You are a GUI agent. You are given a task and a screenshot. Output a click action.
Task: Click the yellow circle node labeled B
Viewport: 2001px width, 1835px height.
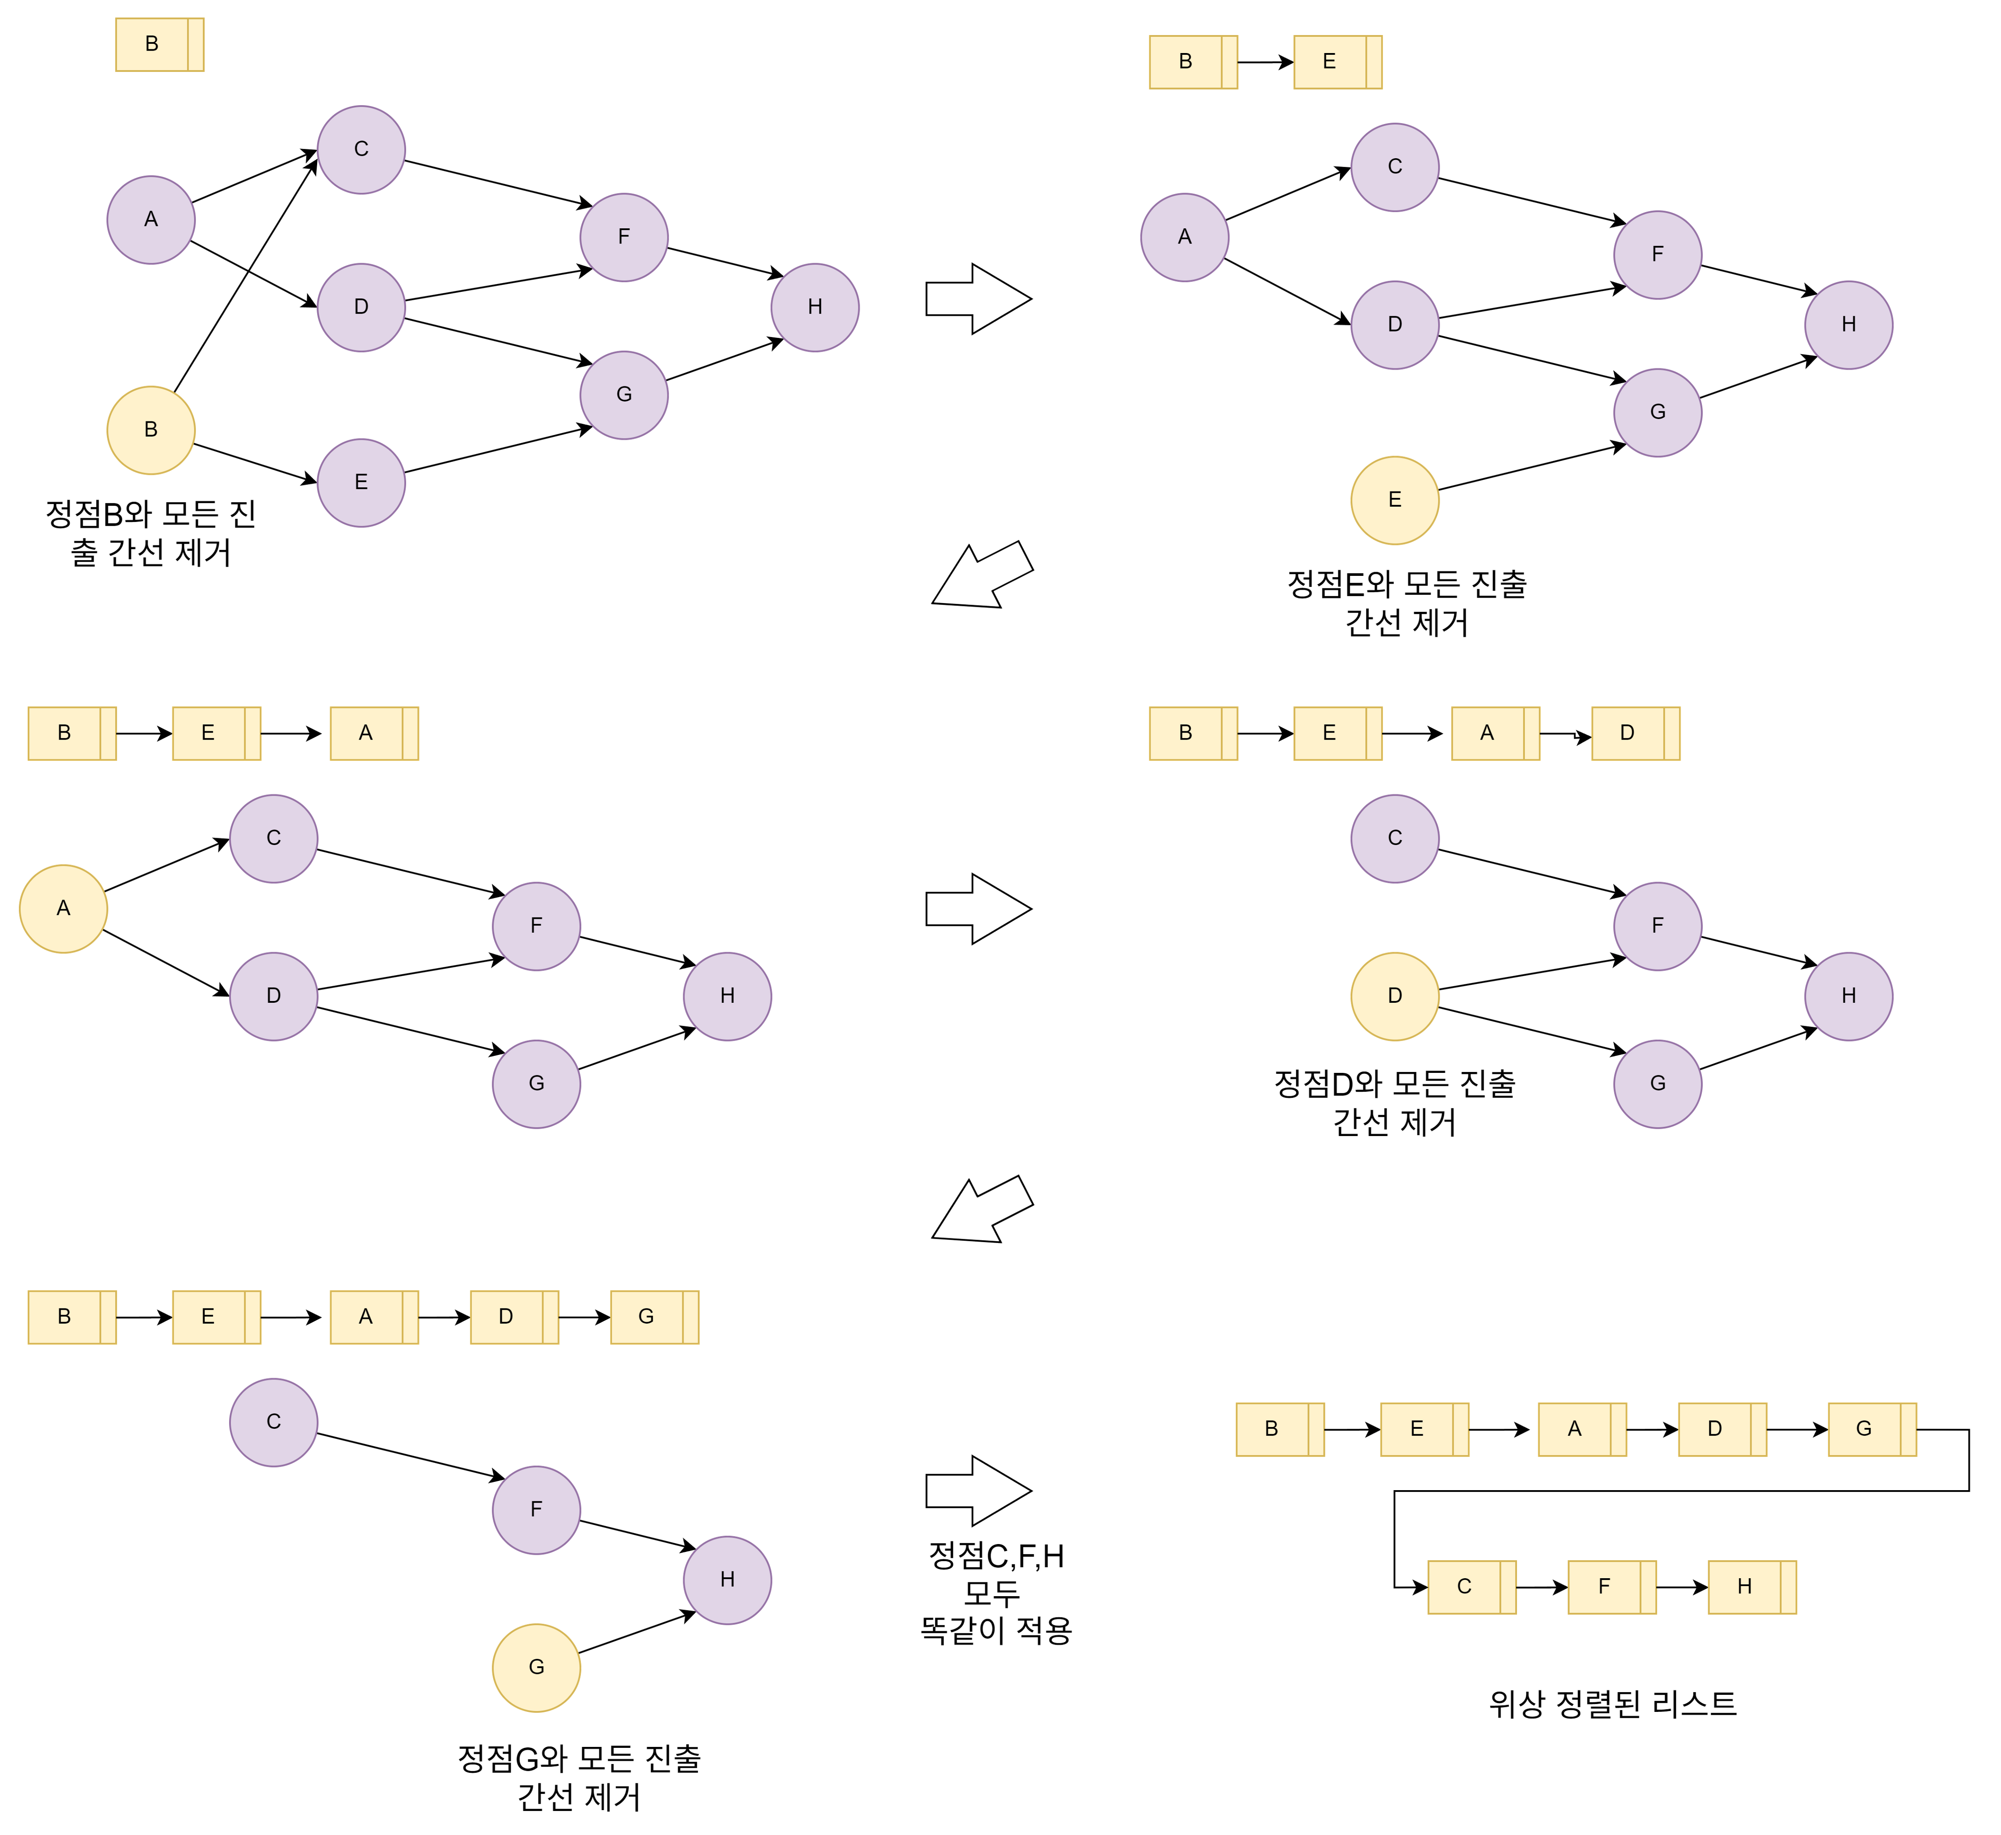(x=151, y=430)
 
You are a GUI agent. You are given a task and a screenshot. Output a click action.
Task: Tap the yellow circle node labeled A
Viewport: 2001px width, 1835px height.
(x=64, y=909)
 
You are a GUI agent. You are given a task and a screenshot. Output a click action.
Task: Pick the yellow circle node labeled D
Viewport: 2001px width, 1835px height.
(x=1394, y=996)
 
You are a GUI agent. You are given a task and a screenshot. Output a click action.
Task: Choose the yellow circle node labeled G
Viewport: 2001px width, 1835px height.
(x=536, y=1667)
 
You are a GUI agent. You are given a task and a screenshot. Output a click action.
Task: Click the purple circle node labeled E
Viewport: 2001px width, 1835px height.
(x=361, y=483)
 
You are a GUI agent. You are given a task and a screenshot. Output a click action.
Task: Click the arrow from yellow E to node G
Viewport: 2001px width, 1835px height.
(x=1532, y=467)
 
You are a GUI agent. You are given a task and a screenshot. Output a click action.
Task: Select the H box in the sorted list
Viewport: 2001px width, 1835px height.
(x=1752, y=1587)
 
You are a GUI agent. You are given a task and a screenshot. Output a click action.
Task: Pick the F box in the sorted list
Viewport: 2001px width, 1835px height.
(x=1612, y=1587)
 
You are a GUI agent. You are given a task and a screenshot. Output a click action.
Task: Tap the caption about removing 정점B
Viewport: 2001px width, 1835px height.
(x=151, y=533)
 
